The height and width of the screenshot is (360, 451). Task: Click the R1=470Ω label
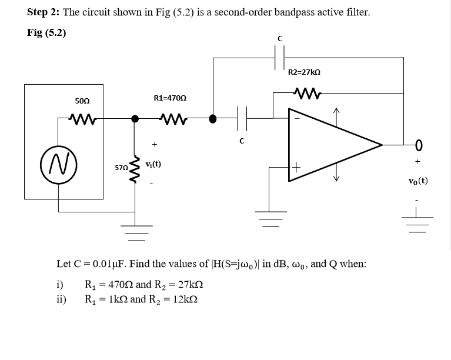[x=171, y=98]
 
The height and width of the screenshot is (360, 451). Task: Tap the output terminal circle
[x=419, y=144]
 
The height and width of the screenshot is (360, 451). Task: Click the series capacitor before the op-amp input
[x=242, y=118]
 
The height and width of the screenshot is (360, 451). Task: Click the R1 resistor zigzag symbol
[x=173, y=118]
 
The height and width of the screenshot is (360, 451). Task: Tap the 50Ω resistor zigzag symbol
[x=82, y=118]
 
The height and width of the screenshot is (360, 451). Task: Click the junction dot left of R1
[x=135, y=118]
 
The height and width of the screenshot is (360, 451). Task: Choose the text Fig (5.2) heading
[x=46, y=32]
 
